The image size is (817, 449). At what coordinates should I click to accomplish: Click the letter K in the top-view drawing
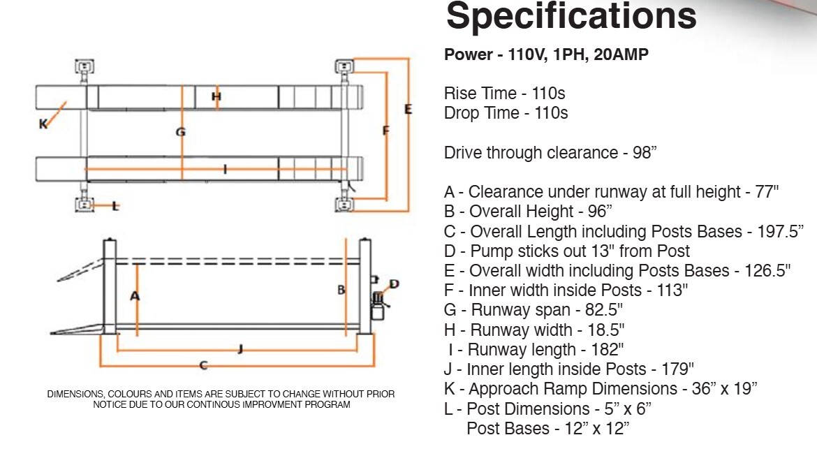(x=43, y=124)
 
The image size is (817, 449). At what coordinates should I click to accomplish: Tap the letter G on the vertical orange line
(x=180, y=131)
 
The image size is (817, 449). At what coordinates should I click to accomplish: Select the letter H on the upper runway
(x=216, y=96)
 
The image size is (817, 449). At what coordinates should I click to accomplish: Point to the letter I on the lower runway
(x=226, y=169)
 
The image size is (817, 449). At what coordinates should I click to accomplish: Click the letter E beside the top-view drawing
(x=408, y=109)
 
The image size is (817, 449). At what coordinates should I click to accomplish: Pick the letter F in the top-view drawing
(x=385, y=131)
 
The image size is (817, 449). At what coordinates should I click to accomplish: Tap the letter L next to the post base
(x=115, y=206)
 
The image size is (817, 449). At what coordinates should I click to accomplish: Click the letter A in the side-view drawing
(x=135, y=296)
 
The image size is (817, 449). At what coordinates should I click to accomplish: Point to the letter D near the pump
(x=394, y=284)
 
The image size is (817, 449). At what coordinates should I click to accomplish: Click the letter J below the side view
(x=240, y=348)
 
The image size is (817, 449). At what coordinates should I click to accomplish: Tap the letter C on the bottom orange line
(x=203, y=365)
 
